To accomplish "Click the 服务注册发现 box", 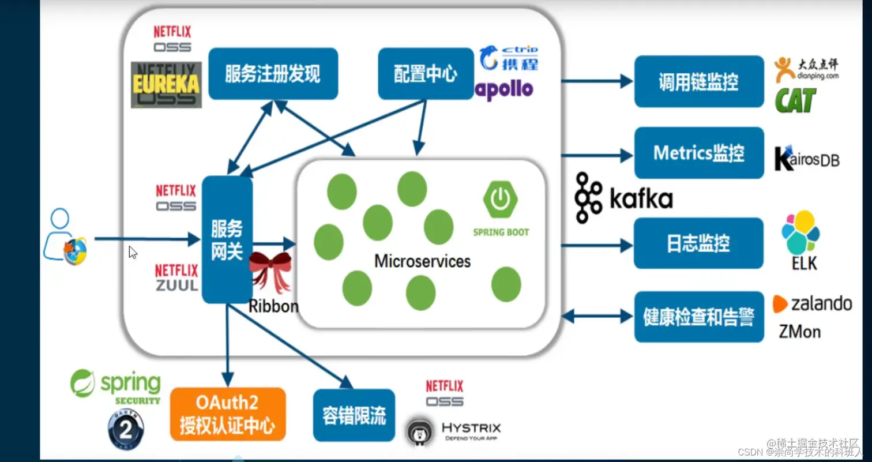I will [273, 74].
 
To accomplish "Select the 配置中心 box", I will [426, 74].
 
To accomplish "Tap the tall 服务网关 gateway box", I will [227, 240].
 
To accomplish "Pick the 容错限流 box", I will [354, 415].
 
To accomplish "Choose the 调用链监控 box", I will [698, 81].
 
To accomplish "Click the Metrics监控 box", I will [698, 153].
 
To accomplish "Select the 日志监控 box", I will [698, 243].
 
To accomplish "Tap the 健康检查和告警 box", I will [698, 317].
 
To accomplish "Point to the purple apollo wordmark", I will [504, 89].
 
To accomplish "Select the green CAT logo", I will [796, 100].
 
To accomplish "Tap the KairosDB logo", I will [806, 158].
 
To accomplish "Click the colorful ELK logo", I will [800, 232].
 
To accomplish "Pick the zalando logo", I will [813, 303].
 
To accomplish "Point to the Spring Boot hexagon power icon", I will [500, 198].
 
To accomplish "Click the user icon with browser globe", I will [65, 238].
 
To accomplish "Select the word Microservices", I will [422, 261].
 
